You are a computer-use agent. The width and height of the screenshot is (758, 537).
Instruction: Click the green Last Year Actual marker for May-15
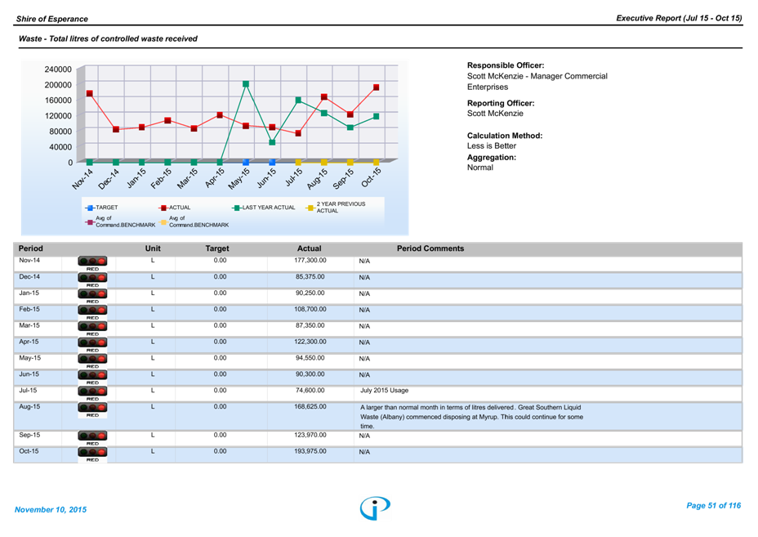[246, 83]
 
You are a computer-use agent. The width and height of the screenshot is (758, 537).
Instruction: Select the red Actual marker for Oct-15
[377, 87]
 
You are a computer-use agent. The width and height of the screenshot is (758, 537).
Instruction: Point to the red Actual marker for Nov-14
[89, 94]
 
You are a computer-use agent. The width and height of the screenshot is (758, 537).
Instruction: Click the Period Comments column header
[430, 248]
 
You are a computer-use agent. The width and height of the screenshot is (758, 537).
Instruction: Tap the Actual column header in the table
[309, 248]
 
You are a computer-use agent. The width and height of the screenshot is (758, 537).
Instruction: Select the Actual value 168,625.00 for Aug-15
[310, 406]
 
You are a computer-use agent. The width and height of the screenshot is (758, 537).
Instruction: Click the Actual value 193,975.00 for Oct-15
[310, 451]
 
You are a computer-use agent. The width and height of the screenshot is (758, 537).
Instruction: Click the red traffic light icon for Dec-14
[92, 280]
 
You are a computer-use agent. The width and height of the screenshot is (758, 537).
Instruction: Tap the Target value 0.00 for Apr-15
[220, 342]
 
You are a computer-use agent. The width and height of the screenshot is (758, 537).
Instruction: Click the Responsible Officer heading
[506, 65]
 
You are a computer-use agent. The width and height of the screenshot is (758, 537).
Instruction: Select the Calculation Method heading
[504, 136]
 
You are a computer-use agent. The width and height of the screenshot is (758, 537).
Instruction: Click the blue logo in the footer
[375, 508]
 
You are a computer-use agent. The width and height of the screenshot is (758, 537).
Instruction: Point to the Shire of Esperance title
[52, 18]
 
